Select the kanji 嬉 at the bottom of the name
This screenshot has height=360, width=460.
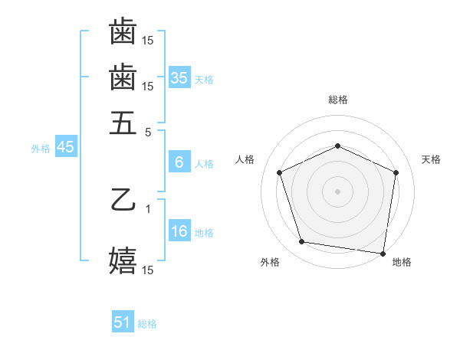(123, 260)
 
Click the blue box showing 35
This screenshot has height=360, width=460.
(179, 77)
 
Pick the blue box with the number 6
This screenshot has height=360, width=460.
(179, 162)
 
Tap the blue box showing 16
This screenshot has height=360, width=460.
(179, 232)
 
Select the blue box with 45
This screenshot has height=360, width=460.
(65, 148)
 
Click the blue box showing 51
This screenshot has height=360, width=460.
(123, 322)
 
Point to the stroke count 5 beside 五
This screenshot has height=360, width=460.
(148, 132)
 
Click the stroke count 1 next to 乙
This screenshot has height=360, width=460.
(148, 208)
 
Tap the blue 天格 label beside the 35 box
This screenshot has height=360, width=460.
(204, 79)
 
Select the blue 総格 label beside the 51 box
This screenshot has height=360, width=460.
(147, 324)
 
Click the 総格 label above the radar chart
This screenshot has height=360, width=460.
(337, 100)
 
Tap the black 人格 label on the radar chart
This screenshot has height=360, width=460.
(245, 159)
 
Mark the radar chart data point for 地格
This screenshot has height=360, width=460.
(383, 253)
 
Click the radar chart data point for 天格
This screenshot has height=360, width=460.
(396, 172)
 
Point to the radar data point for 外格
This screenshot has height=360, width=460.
(302, 242)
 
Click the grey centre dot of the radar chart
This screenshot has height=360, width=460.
(337, 191)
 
